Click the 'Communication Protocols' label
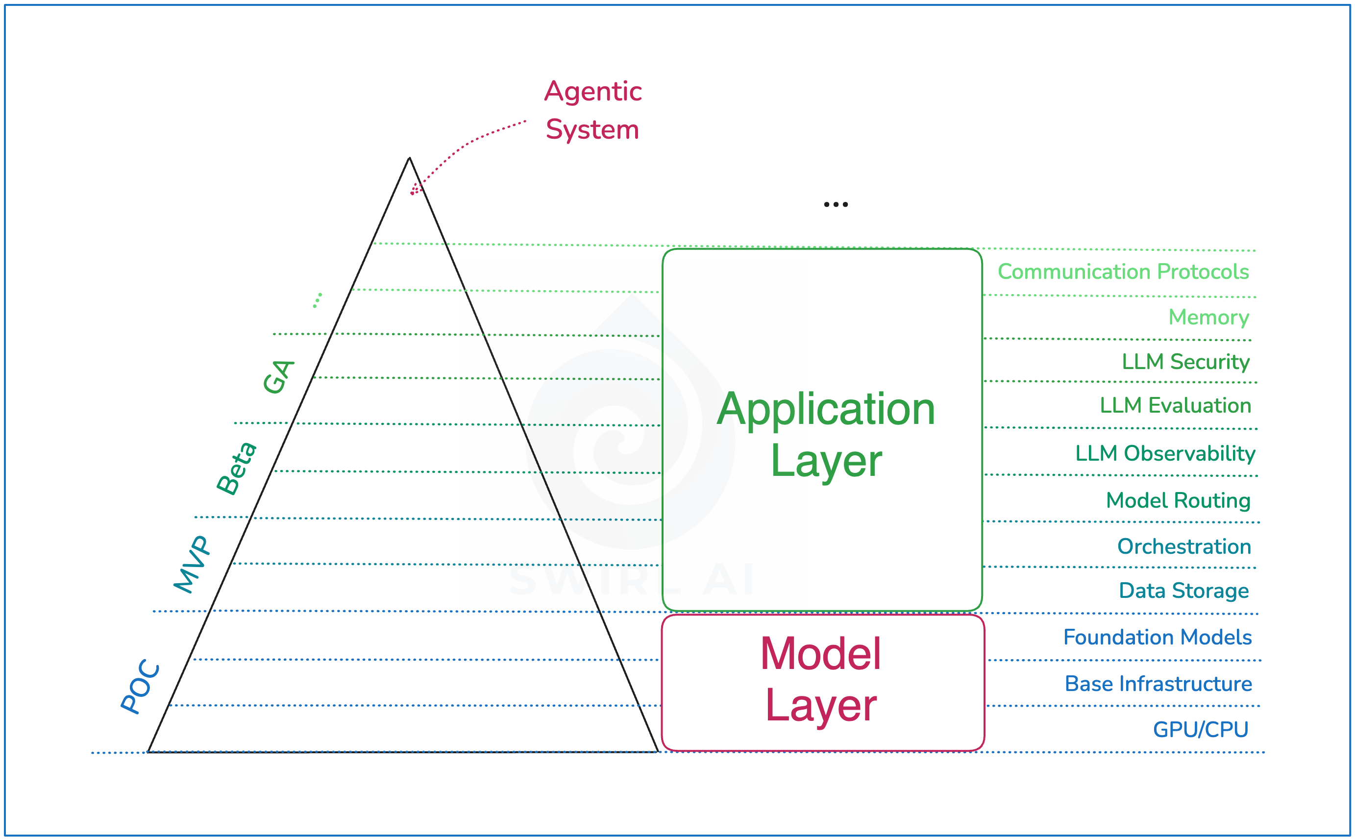(x=1123, y=272)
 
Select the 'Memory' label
(x=1208, y=317)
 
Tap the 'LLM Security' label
(x=1185, y=362)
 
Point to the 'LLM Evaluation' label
(x=1175, y=406)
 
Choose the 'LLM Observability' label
(x=1165, y=453)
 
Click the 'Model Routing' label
(x=1178, y=500)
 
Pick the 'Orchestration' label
(x=1184, y=546)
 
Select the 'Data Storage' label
(x=1183, y=591)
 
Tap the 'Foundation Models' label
(x=1157, y=637)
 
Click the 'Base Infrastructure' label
(x=1158, y=684)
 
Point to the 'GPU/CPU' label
(x=1201, y=729)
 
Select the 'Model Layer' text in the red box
(x=820, y=679)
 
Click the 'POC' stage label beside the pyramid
(x=141, y=687)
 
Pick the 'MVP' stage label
(x=192, y=565)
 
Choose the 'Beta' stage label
(x=237, y=469)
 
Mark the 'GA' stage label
(x=278, y=377)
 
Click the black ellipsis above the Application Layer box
(x=836, y=204)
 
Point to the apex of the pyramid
(x=410, y=159)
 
